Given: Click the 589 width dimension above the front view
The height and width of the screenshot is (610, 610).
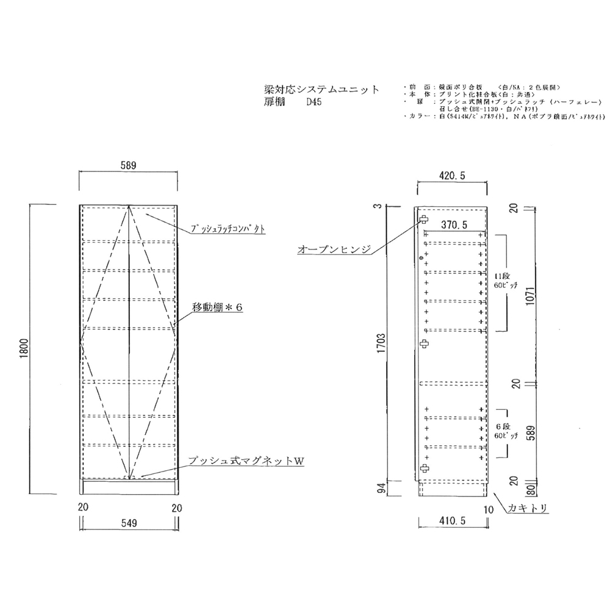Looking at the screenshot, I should point(127,165).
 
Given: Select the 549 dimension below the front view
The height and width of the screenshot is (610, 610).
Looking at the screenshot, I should point(127,523).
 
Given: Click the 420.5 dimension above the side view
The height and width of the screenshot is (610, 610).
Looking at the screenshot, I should point(451,176).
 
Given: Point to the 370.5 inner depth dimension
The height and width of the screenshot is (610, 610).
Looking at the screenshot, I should point(454,225).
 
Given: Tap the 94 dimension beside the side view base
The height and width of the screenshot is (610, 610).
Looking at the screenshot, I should point(380,488).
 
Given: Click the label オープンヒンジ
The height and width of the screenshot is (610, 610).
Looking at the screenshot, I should point(333,249).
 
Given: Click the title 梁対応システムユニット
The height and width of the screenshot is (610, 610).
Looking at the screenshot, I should point(318,90).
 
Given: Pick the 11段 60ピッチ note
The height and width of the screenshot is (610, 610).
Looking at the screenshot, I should point(506,281).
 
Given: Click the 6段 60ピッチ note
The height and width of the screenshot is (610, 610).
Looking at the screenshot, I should point(506,431).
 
